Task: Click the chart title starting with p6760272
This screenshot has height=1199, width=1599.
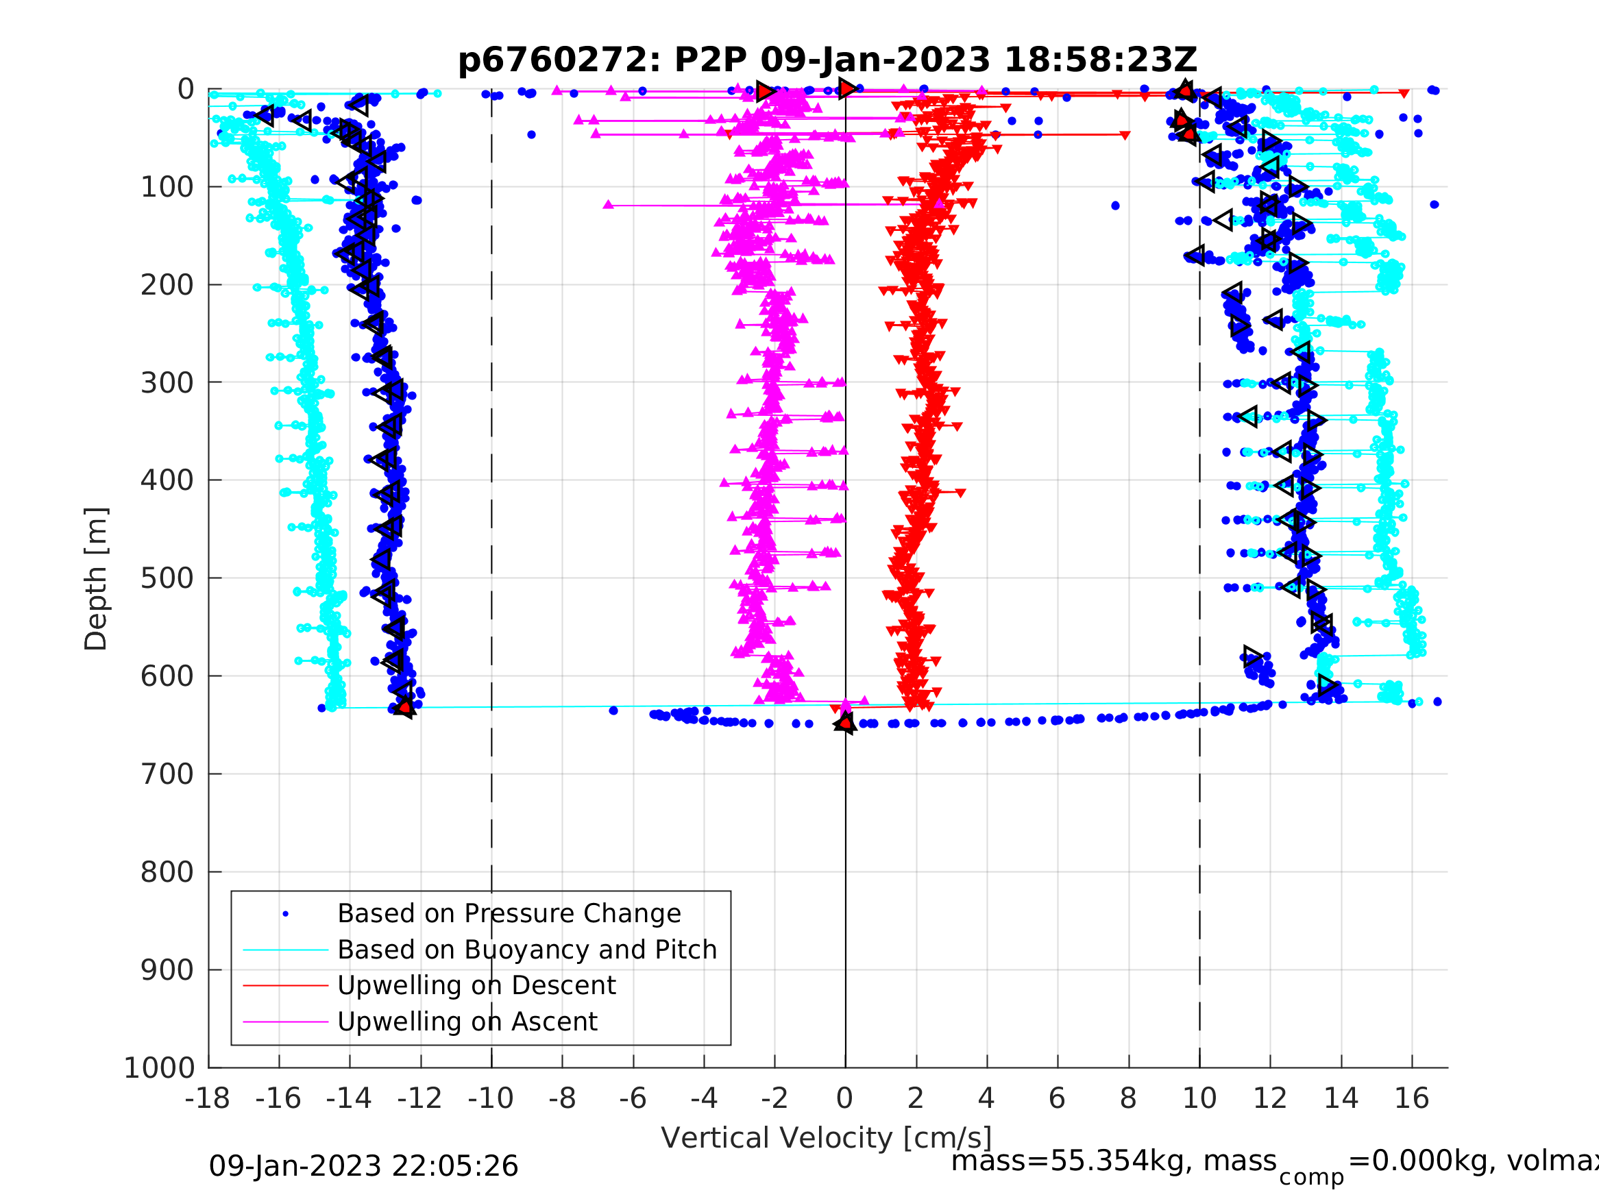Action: [x=827, y=60]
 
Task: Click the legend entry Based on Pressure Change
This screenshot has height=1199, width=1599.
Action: [x=509, y=913]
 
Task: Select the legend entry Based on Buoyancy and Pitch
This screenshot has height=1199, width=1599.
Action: [x=527, y=950]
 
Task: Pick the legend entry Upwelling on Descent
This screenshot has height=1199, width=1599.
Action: [x=476, y=985]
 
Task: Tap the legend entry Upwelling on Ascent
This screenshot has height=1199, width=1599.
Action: [x=467, y=1022]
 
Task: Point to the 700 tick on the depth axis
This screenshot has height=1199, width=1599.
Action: [x=167, y=774]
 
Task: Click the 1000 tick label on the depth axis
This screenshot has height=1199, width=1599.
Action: [x=159, y=1067]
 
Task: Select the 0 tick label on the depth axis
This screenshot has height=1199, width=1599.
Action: [x=186, y=90]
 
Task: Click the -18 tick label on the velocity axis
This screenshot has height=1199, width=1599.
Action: [x=208, y=1098]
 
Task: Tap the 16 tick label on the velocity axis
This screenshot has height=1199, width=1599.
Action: [x=1411, y=1098]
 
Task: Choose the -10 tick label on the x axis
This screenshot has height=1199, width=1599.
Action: [x=491, y=1098]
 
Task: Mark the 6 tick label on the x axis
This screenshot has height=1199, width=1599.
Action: [x=1057, y=1098]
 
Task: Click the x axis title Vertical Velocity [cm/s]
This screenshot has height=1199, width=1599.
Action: [x=827, y=1137]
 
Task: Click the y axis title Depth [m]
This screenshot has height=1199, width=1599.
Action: [x=96, y=578]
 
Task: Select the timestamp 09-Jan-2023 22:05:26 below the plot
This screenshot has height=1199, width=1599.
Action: [x=364, y=1167]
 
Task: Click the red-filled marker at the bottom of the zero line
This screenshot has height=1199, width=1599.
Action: [x=845, y=722]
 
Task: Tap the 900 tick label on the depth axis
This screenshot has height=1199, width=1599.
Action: [x=167, y=970]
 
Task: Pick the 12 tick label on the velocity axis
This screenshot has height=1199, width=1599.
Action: [x=1269, y=1098]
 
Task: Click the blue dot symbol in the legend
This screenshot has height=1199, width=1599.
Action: [x=286, y=914]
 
